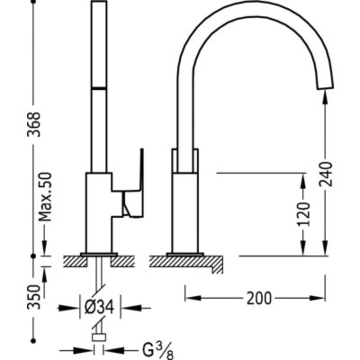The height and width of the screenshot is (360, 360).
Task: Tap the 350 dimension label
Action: click(35, 296)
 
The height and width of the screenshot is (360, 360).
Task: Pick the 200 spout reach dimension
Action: click(259, 298)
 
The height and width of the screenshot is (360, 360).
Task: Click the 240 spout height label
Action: click(326, 174)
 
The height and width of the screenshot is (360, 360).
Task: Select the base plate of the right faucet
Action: click(185, 254)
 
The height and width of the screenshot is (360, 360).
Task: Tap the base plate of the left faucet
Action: click(99, 254)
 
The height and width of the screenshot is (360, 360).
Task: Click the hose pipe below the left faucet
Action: click(99, 276)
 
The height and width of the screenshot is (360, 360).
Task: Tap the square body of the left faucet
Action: click(99, 212)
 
